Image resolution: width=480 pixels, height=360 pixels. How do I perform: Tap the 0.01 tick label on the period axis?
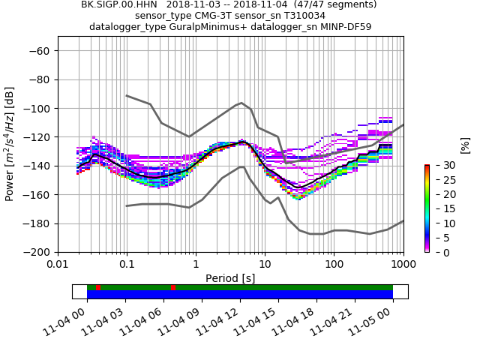tap(58, 265)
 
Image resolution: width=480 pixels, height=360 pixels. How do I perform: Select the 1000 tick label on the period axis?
tap(403, 265)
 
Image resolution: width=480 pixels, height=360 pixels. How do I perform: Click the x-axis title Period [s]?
tap(230, 278)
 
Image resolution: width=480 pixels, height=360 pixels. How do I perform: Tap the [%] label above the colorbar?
tap(465, 145)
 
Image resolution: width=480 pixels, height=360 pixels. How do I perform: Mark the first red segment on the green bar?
tap(97, 287)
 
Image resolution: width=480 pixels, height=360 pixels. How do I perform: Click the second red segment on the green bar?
tap(173, 287)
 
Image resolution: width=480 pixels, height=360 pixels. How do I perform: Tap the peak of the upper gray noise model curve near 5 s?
tap(241, 103)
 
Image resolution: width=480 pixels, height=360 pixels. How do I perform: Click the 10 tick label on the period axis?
tap(265, 265)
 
